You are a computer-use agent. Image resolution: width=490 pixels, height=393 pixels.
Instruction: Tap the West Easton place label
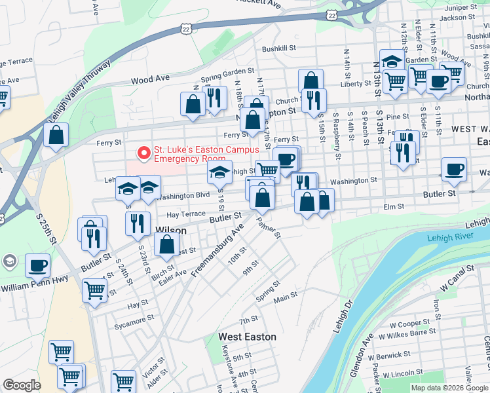click(247, 337)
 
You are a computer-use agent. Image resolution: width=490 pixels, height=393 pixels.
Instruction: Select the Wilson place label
click(172, 231)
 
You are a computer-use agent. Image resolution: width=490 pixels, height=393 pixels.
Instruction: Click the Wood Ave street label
click(150, 79)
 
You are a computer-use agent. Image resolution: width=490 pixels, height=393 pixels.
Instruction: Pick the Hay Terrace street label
click(186, 214)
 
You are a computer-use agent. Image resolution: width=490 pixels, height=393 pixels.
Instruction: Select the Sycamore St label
click(134, 318)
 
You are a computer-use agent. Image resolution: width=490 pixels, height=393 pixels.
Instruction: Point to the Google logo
click(22, 385)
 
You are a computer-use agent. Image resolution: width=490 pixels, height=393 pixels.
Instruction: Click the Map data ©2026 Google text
click(449, 388)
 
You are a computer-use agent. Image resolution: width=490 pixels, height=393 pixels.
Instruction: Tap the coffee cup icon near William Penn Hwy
click(38, 265)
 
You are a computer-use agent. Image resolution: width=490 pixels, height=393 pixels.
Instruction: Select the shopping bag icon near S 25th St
click(57, 135)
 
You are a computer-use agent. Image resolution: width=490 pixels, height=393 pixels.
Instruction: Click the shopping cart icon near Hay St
click(95, 289)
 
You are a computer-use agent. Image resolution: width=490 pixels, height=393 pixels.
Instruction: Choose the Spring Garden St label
click(227, 71)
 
